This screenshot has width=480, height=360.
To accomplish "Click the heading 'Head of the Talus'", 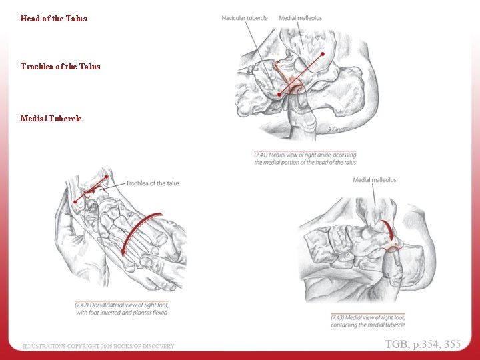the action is click(53, 19).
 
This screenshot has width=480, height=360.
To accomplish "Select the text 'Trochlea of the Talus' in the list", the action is click(60, 67).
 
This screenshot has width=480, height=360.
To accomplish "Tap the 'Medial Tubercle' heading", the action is click(51, 119).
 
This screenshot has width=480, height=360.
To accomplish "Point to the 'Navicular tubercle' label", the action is click(245, 18).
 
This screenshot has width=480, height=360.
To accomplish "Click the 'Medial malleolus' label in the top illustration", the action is click(301, 18).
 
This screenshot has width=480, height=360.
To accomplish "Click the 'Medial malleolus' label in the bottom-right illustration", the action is click(374, 180).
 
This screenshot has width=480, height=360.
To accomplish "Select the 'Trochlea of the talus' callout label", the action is click(153, 183).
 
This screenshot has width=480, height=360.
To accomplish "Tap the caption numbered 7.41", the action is click(305, 159).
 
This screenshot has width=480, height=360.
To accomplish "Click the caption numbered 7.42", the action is click(121, 309).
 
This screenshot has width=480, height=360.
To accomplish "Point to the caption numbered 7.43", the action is click(367, 321).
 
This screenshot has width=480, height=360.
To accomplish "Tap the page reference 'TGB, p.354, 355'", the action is click(422, 344).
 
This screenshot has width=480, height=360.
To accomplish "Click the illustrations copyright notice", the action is click(99, 346).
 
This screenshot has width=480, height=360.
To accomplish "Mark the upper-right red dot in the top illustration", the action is click(322, 54).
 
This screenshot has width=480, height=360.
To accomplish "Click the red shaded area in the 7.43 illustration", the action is click(392, 249).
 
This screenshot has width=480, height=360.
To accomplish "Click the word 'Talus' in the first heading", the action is click(77, 19).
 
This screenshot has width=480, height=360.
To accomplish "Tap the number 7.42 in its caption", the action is click(82, 305).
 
